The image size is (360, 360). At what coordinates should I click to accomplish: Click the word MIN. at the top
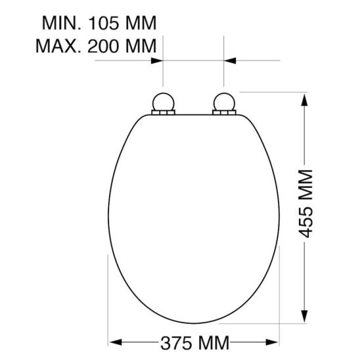[x=62, y=24]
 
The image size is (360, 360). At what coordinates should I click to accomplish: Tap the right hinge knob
[x=224, y=102]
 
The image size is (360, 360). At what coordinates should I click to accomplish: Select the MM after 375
[x=212, y=343]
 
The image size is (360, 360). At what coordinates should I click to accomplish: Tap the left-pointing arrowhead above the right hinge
[x=230, y=60]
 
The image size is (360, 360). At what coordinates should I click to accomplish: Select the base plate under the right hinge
[x=224, y=114]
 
